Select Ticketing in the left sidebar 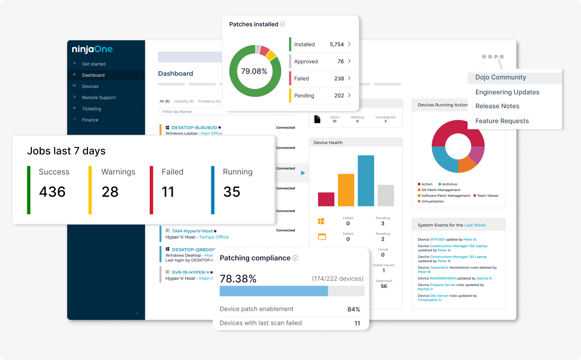point(92,108)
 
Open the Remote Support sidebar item point(99,97)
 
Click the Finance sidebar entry point(90,120)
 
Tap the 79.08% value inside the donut point(254,71)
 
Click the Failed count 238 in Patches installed point(339,79)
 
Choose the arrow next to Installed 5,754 point(349,44)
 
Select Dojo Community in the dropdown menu point(500,78)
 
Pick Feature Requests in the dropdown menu point(502,121)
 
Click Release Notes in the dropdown point(497,106)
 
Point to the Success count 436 point(52,191)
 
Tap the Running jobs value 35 point(232,191)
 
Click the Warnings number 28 point(110,191)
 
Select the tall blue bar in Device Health point(366,180)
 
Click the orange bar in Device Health point(346,190)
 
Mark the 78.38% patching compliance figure point(238,279)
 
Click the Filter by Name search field point(228,112)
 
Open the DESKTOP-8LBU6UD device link point(194,128)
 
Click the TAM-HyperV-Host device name point(193,231)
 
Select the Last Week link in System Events point(475,225)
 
